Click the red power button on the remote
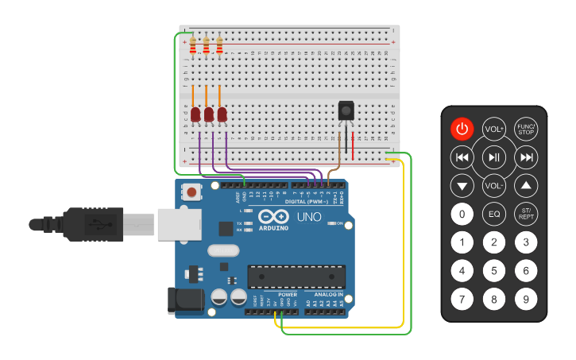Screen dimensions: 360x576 pyautogui.click(x=462, y=128)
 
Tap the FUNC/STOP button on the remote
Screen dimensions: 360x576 pyautogui.click(x=526, y=128)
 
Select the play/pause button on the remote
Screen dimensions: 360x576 pyautogui.click(x=494, y=157)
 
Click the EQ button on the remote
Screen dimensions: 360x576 pyautogui.click(x=494, y=214)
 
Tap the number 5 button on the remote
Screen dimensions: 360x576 pyautogui.click(x=494, y=271)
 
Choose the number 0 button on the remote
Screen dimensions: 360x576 pyautogui.click(x=462, y=214)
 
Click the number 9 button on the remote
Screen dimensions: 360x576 pyautogui.click(x=525, y=300)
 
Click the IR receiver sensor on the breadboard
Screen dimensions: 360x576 pyautogui.click(x=346, y=110)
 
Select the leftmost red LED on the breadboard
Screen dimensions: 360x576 pyautogui.click(x=195, y=115)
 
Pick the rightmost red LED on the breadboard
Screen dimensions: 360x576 pyautogui.click(x=222, y=115)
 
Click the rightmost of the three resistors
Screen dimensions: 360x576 pyautogui.click(x=219, y=46)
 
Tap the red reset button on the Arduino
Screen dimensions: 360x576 pyautogui.click(x=191, y=192)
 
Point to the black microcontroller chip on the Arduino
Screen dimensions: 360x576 pyautogui.click(x=296, y=277)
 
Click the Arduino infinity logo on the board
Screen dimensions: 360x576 pyautogui.click(x=273, y=217)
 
